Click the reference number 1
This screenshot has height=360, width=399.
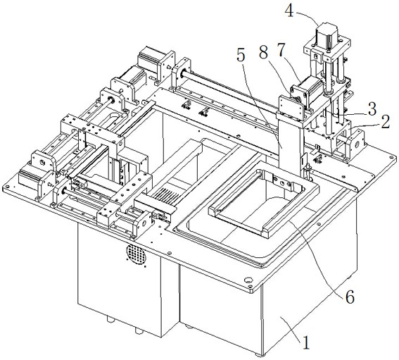[305, 342]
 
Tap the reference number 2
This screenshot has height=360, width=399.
[386, 122]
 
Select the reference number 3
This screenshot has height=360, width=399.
[372, 108]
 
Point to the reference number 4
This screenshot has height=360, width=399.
[289, 11]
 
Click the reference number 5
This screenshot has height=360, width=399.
[241, 56]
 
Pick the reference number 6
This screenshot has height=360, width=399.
[350, 297]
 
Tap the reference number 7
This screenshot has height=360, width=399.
[281, 50]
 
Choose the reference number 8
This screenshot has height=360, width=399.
[264, 53]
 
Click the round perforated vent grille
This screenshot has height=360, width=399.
[137, 254]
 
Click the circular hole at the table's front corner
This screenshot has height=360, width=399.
[248, 280]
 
